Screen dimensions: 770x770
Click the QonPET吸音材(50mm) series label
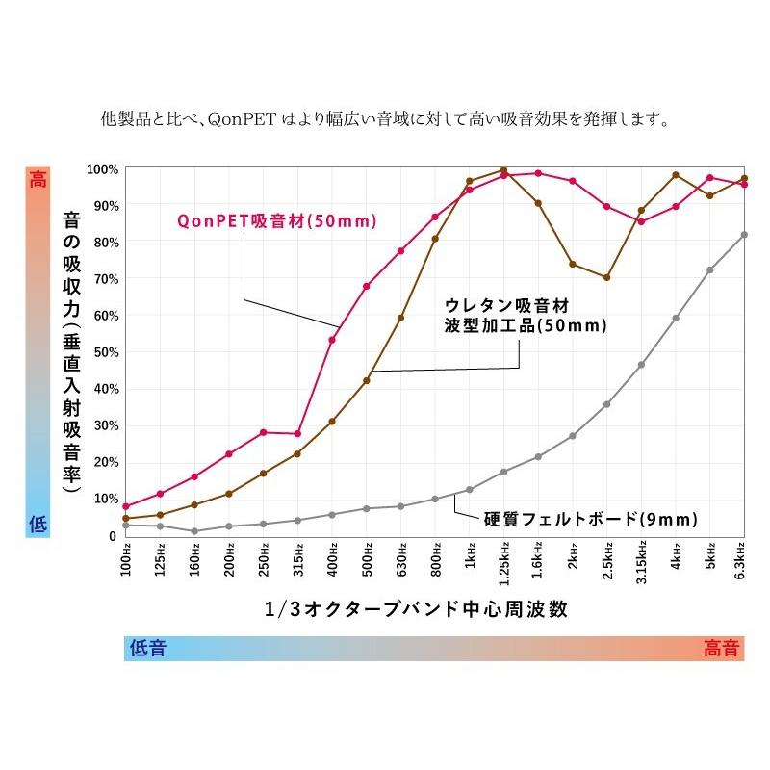(276, 220)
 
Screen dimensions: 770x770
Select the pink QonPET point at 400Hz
(332, 339)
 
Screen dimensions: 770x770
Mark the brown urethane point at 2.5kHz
(606, 277)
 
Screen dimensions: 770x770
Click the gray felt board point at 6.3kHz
(744, 235)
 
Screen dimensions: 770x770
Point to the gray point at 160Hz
(194, 531)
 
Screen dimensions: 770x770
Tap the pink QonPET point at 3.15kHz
(641, 221)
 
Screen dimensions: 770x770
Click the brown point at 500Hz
(367, 380)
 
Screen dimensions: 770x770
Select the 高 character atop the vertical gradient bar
(38, 179)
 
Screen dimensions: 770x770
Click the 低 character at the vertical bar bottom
(38, 524)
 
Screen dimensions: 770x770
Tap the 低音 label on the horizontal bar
(147, 648)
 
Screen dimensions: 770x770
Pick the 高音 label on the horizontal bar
(722, 648)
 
